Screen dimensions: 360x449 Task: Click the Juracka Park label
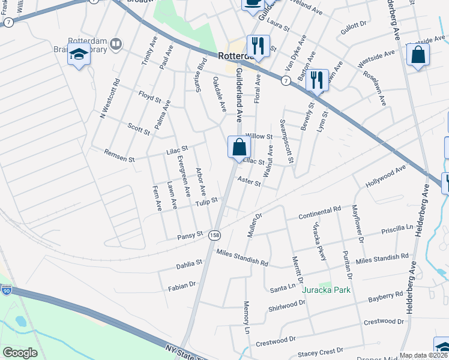(x=326, y=290)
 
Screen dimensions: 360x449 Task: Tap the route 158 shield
(x=214, y=236)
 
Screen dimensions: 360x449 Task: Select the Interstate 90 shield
(x=7, y=290)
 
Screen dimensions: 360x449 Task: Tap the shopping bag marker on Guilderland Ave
(x=239, y=147)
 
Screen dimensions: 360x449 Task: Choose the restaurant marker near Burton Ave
(x=317, y=79)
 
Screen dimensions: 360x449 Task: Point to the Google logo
(x=20, y=353)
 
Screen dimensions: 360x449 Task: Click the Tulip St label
(x=205, y=203)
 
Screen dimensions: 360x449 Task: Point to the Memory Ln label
(x=246, y=317)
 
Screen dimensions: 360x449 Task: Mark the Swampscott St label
(x=287, y=142)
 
